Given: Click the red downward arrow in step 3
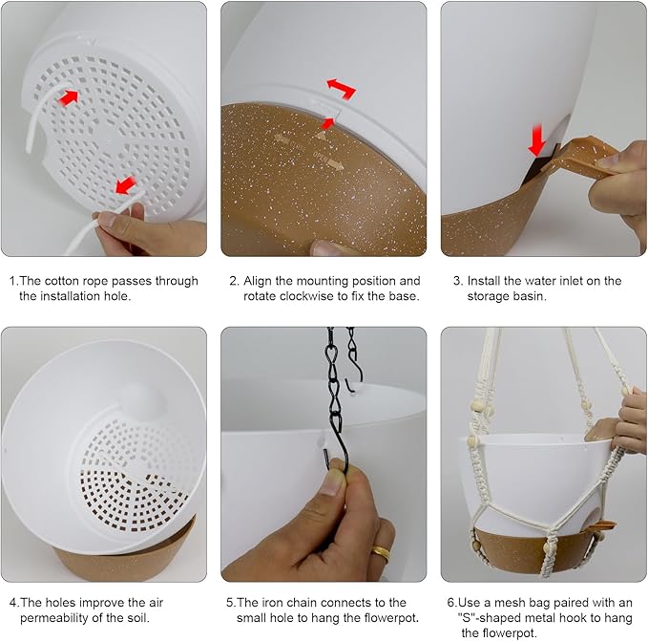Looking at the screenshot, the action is [x=537, y=139].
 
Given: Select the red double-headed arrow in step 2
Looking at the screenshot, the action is [x=342, y=89].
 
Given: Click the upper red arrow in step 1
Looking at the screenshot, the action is [x=69, y=97].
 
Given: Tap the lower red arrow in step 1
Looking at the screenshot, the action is [x=125, y=185].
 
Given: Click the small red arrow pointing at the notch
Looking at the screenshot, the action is [x=327, y=123].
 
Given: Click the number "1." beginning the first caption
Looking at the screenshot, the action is [x=13, y=281].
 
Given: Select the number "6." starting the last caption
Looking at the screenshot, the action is [x=452, y=603].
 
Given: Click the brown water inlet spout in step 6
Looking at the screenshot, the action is [x=604, y=526].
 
